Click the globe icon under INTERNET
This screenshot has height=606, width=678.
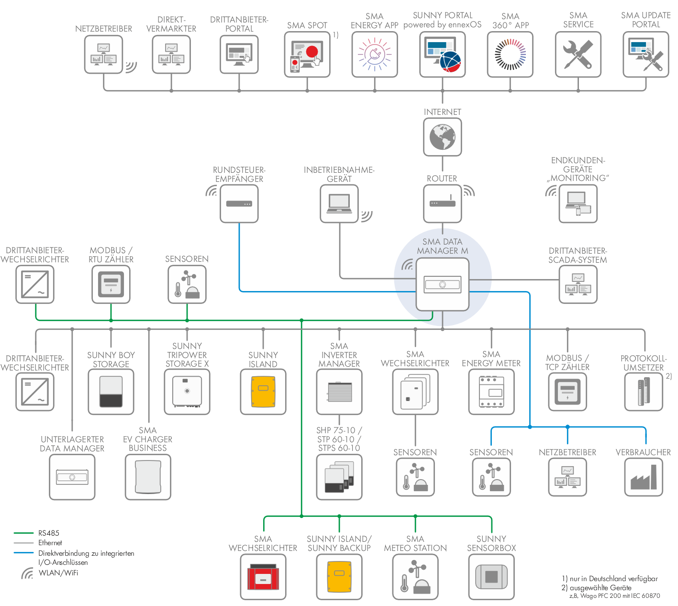pos(442,137)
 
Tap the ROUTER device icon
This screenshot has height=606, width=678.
pos(442,203)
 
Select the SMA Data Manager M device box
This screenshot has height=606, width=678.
pos(442,284)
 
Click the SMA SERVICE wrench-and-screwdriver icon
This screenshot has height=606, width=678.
pos(578,55)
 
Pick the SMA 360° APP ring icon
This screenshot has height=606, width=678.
pos(510,55)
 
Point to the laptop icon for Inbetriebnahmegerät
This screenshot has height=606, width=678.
pos(339,203)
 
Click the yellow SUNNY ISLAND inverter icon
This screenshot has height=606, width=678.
pos(263,392)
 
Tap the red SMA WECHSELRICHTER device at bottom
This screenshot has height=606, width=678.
pos(263,577)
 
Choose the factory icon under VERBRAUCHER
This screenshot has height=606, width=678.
pos(644,477)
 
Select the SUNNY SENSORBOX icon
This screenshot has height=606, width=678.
pos(491,577)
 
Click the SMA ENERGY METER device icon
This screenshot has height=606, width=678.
pos(491,392)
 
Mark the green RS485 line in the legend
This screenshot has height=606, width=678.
pos(23,533)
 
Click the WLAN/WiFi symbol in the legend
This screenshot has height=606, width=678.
pos(27,573)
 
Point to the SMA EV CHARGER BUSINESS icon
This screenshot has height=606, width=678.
pos(148,477)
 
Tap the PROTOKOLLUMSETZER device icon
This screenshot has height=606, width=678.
pos(644,392)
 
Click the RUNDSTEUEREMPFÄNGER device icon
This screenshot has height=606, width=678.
pos(239,203)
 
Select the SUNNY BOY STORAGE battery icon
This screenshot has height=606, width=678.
pos(111,392)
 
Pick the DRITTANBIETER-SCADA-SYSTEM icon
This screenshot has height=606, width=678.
pos(578,284)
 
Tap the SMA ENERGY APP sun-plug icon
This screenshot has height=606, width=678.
pos(375,55)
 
